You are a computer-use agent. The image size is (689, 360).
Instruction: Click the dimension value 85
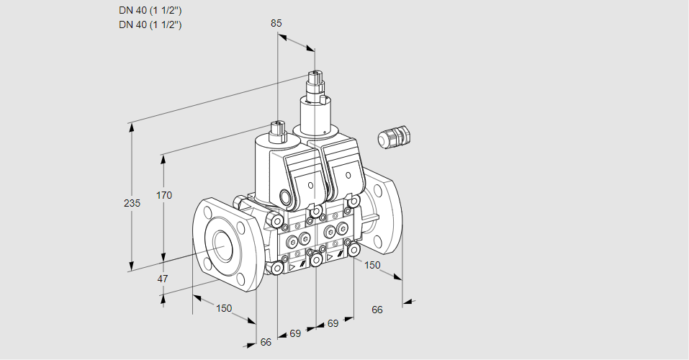tap(276, 23)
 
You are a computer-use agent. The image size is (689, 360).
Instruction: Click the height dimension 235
tap(132, 203)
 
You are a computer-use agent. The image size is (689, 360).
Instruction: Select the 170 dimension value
tap(165, 195)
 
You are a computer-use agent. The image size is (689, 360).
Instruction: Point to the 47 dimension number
tap(163, 279)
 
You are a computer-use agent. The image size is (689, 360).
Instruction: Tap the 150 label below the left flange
tap(224, 308)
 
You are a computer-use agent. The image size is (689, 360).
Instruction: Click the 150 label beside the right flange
tap(371, 265)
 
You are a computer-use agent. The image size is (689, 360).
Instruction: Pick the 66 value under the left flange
tap(266, 342)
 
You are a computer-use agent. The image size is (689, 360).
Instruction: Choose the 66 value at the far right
tap(377, 310)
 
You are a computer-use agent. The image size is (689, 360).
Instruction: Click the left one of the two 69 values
tap(295, 333)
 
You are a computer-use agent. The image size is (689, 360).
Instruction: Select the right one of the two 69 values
tap(333, 323)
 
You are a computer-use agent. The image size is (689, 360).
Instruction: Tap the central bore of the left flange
tap(220, 246)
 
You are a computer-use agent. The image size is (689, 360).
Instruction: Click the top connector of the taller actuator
tap(315, 76)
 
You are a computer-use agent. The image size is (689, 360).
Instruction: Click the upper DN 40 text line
tap(150, 11)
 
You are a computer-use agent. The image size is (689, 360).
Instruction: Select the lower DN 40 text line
tap(150, 24)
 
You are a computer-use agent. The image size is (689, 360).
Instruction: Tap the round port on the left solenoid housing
tap(287, 197)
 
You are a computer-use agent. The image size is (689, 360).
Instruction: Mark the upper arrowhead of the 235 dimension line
tap(131, 124)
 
